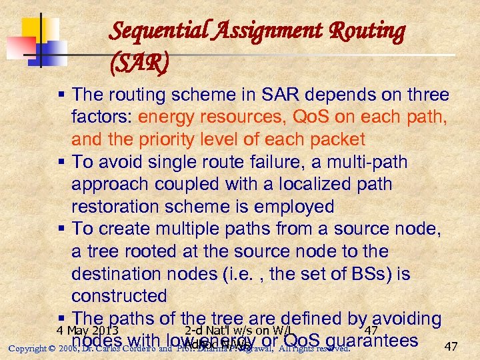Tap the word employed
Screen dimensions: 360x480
[287, 207]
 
